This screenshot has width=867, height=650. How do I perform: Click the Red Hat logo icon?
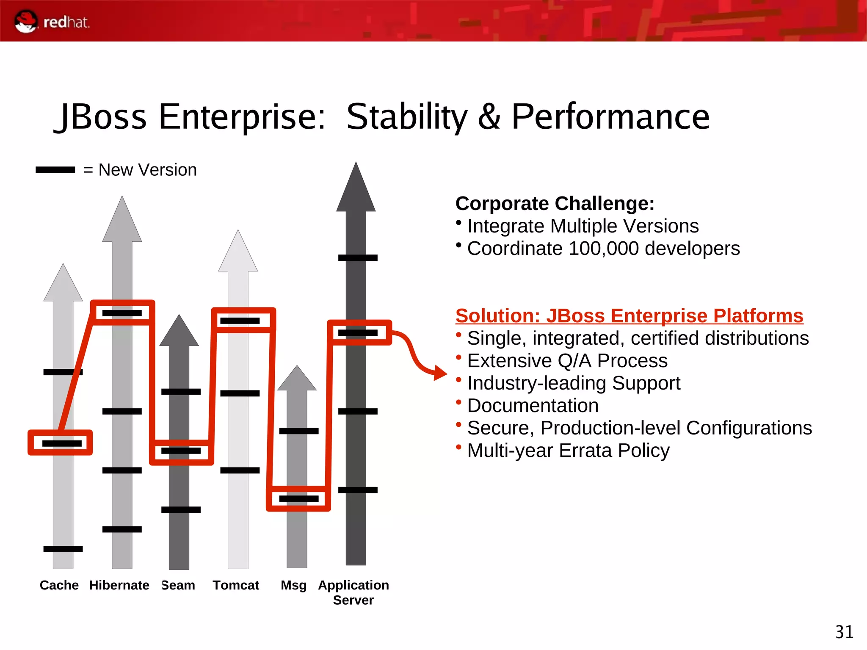[x=26, y=22]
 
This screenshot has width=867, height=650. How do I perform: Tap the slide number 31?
[x=844, y=632]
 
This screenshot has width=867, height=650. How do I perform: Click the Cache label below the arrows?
[x=59, y=585]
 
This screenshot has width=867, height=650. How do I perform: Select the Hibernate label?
[x=119, y=585]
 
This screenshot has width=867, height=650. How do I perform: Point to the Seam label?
[x=178, y=585]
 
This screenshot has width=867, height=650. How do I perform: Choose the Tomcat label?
[x=236, y=585]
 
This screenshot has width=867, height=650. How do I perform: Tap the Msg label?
[x=293, y=585]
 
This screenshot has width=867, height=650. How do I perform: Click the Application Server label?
[x=353, y=592]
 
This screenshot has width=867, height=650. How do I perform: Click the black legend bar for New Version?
[x=55, y=170]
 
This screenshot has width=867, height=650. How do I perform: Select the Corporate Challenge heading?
[x=555, y=204]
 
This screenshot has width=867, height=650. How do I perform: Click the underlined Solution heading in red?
[x=629, y=316]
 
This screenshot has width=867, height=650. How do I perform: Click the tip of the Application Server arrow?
[x=356, y=165]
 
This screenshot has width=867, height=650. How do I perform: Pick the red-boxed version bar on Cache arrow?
[x=62, y=443]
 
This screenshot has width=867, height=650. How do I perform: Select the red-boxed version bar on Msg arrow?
[x=298, y=499]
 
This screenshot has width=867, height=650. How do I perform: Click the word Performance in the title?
[x=610, y=117]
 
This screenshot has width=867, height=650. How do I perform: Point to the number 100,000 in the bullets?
[x=603, y=249]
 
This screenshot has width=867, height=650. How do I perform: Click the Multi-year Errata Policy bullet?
[x=568, y=451]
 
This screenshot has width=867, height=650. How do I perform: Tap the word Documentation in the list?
[x=533, y=406]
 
